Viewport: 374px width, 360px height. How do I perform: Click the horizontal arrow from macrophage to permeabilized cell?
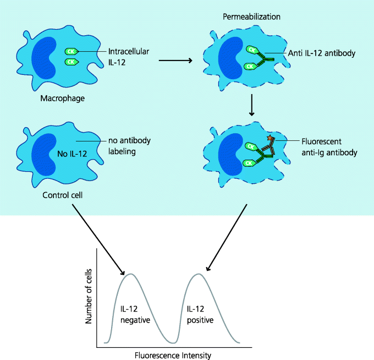[x=175, y=60]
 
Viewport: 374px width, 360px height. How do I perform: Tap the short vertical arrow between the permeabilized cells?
[x=251, y=105]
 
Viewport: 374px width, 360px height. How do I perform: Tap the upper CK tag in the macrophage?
[x=70, y=51]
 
